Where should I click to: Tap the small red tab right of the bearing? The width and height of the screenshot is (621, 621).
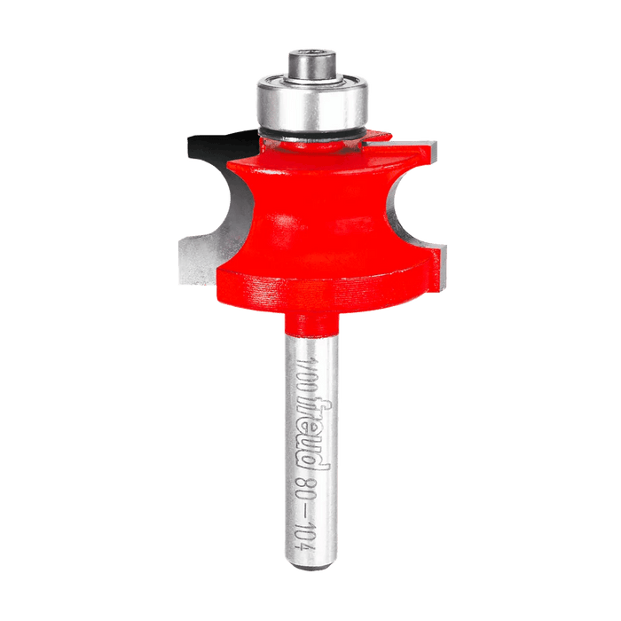coord(379,137)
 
